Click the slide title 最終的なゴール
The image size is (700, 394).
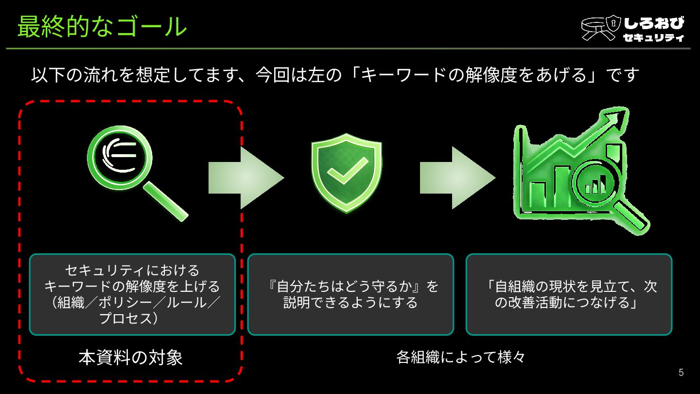[x=102, y=27]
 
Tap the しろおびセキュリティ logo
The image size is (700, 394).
[x=632, y=29]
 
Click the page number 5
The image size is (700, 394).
[x=681, y=373]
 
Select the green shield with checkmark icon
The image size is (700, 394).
[x=347, y=173]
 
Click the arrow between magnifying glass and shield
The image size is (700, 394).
[x=245, y=178]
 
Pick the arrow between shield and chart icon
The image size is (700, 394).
[x=457, y=178]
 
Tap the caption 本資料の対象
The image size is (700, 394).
[x=131, y=358]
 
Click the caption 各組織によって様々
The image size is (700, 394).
[x=460, y=358]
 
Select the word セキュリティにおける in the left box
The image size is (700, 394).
[x=132, y=270]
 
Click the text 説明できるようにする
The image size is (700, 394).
[x=350, y=303]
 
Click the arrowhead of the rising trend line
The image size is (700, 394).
[x=618, y=117]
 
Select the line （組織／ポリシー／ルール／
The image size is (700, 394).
[x=132, y=303]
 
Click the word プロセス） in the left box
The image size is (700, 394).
[x=128, y=319]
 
